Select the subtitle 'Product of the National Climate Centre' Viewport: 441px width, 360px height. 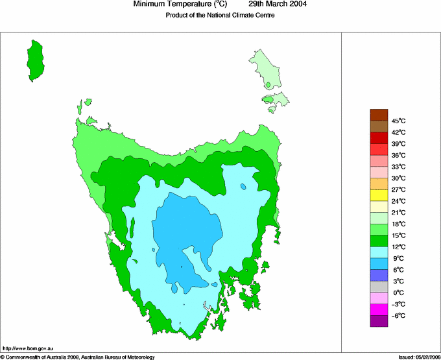(220, 15)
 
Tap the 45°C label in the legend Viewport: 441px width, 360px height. (398, 121)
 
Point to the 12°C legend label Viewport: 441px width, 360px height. (398, 246)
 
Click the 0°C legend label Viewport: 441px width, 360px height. (398, 293)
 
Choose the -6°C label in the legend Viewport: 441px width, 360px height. (398, 315)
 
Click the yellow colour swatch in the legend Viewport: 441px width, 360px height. (379, 195)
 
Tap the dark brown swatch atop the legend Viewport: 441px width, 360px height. (379, 115)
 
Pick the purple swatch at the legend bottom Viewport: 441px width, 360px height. (379, 320)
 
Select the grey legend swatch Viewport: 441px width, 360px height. (379, 286)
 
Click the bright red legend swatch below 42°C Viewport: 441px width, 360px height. (379, 138)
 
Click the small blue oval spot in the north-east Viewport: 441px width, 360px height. (243, 187)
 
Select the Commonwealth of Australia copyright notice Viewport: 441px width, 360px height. (78, 356)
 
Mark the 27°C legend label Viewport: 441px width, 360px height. (398, 189)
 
